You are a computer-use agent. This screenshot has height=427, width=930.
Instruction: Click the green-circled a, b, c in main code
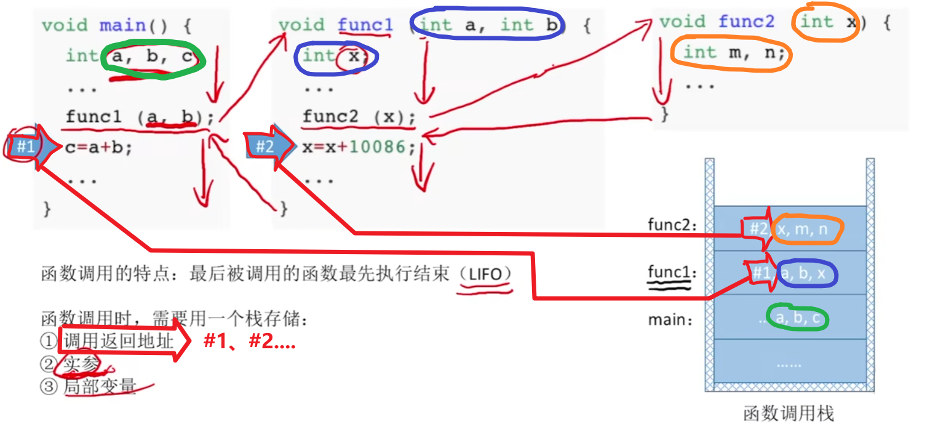(x=154, y=57)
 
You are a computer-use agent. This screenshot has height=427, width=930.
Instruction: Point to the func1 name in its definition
(x=365, y=25)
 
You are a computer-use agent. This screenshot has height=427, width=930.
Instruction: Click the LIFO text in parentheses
(x=485, y=274)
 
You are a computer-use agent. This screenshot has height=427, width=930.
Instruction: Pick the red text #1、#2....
(x=250, y=342)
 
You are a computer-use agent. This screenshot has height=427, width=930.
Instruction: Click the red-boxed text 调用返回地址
(x=119, y=342)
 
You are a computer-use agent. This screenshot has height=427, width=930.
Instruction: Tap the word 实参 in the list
(x=81, y=364)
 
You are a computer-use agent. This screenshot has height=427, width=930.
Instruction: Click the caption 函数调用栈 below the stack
(x=789, y=413)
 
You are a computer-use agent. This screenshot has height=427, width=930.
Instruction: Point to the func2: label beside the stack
(x=673, y=225)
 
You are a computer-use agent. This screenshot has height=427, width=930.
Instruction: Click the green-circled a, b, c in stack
(x=797, y=318)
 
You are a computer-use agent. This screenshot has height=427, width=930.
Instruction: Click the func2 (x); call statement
(x=359, y=117)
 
